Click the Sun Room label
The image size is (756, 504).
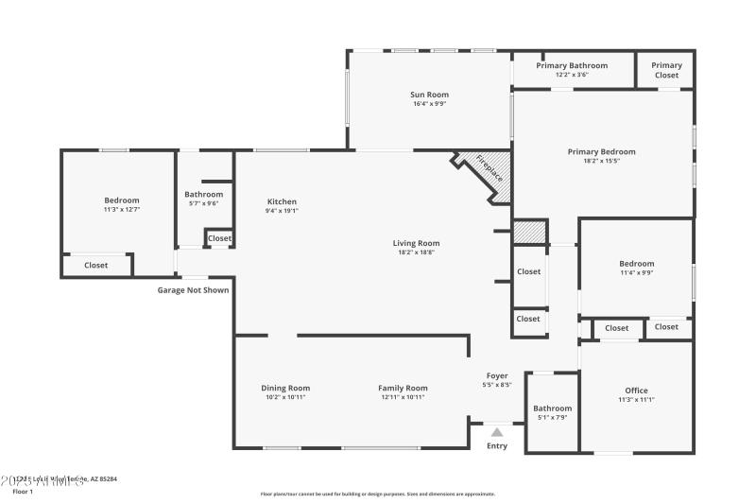[429, 95]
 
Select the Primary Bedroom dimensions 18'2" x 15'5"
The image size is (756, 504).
[601, 161]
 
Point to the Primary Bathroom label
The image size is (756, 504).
[572, 65]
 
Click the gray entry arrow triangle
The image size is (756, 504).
[496, 432]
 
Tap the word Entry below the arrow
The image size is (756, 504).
[496, 446]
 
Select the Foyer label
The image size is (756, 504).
[497, 375]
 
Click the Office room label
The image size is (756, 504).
[636, 391]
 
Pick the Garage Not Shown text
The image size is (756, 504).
[193, 290]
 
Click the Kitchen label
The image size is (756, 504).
[282, 201]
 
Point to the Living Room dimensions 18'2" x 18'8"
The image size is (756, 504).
[417, 252]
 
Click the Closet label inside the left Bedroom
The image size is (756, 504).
[96, 266]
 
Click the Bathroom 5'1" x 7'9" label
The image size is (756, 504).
[552, 412]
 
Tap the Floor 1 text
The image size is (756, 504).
[22, 492]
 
